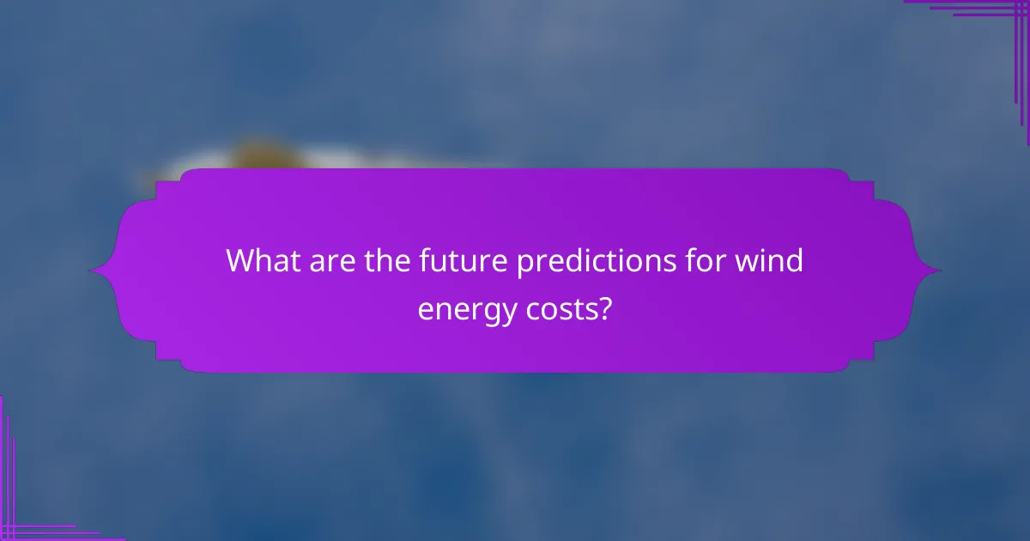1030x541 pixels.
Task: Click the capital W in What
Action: (x=241, y=261)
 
